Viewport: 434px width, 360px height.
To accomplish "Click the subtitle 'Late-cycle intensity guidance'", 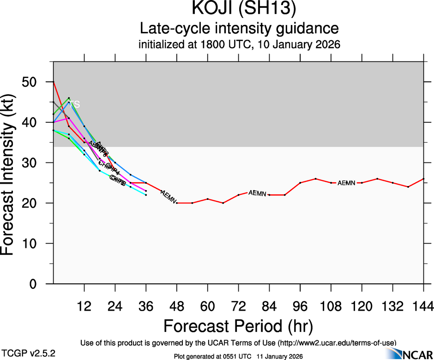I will coord(239,29).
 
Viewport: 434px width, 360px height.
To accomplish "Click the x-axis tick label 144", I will coord(423,306).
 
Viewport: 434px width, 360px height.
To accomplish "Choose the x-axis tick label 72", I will coord(238,306).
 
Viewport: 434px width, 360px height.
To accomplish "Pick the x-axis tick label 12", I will coord(84,306).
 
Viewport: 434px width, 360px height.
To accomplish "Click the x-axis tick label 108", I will coord(331,306).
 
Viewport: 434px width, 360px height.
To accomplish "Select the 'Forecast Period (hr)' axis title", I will coord(238,326).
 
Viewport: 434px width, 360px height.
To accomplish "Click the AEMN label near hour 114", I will coord(346,183).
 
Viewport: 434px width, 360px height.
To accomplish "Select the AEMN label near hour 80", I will coord(257,193).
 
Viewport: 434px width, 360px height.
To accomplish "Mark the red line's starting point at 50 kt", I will coord(54,82).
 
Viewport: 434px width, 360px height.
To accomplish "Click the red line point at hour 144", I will coord(423,179).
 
